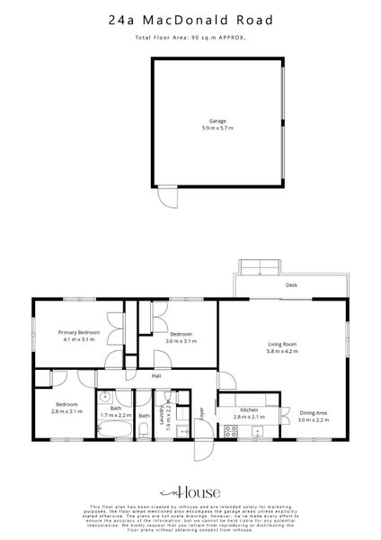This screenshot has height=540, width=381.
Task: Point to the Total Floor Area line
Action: tap(190, 38)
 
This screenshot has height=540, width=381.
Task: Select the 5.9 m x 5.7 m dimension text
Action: tap(217, 128)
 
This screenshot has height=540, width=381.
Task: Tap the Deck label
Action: tap(291, 285)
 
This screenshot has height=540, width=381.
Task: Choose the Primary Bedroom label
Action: tap(80, 332)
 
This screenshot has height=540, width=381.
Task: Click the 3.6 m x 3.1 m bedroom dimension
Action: tap(181, 341)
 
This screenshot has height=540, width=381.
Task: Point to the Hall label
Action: tap(155, 375)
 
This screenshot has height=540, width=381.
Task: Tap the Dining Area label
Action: tap(313, 411)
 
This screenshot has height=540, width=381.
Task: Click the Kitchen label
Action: tap(248, 409)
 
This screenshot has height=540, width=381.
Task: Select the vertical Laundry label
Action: tap(163, 415)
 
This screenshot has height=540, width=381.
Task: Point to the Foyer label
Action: tap(203, 413)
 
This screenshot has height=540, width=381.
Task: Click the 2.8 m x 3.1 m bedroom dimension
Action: tap(66, 412)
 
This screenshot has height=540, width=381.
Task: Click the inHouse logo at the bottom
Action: tap(190, 493)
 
